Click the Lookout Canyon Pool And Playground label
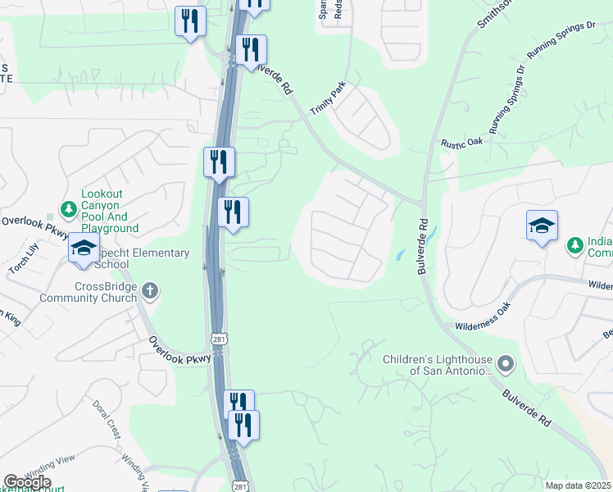pos(109,211)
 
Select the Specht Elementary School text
pos(138,258)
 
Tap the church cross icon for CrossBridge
pos(150,290)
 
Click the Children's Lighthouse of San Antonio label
pos(438,364)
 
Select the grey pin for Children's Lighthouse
pos(506,362)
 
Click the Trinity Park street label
pos(328,98)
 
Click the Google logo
pos(27,482)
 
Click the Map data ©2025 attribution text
pos(578,485)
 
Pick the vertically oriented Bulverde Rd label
pos(424,245)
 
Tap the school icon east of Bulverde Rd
pos(542,225)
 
